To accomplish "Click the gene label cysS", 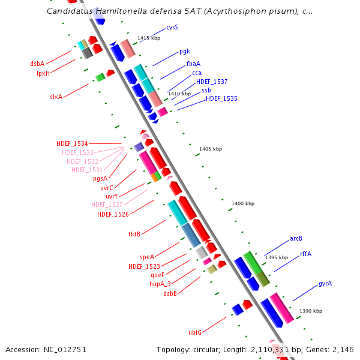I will (172, 28).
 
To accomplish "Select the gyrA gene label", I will (325, 283).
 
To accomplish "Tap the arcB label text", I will (296, 238).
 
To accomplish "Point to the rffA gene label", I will (305, 254).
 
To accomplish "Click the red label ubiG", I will (195, 332).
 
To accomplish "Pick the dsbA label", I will (37, 64).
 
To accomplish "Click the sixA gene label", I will (56, 97).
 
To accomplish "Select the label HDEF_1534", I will (72, 143).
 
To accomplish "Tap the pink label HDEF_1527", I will (107, 205).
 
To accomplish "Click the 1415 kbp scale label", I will (149, 38).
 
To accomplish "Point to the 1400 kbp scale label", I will (243, 204).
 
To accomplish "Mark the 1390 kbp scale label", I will (311, 311).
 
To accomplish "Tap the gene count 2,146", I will (343, 349).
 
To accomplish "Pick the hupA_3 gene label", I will (160, 284).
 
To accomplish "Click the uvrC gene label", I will (107, 188).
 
